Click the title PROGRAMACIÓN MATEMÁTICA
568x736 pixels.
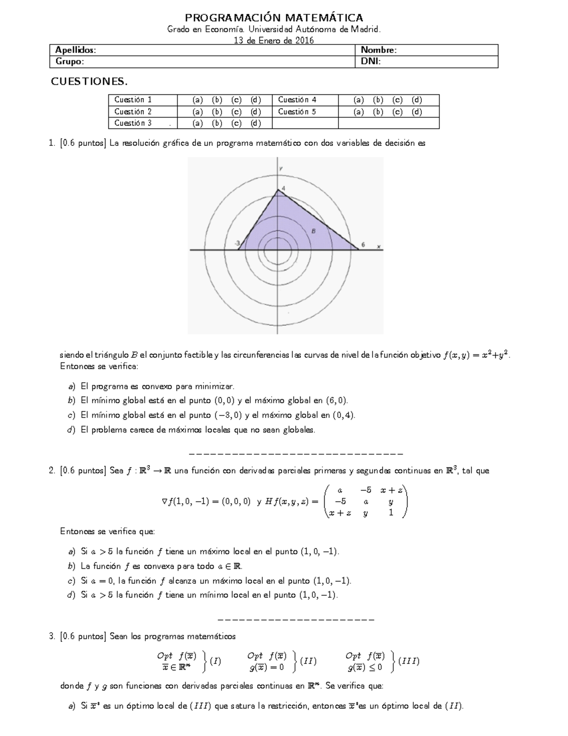coord(274,18)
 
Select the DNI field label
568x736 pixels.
coord(371,62)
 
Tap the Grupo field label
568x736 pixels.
coord(70,62)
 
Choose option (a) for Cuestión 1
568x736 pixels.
coord(197,100)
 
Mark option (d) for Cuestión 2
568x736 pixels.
coord(256,112)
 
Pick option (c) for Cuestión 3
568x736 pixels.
coord(236,123)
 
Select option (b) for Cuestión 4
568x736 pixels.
coord(378,100)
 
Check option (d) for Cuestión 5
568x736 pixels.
coord(417,112)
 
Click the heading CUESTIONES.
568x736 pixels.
coord(89,82)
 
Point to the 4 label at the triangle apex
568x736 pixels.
coord(283,188)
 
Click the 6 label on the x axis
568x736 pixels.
coord(363,244)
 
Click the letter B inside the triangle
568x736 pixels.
coord(313,231)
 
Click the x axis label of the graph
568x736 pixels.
coord(379,246)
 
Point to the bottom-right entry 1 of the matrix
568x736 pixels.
coord(390,512)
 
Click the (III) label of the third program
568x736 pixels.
coord(409,661)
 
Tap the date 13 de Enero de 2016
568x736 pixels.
coord(274,40)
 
